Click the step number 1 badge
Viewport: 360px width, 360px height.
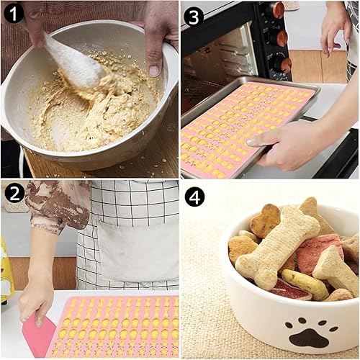pyautogui.click(x=14, y=13)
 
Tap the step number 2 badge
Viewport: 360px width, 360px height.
pyautogui.click(x=14, y=194)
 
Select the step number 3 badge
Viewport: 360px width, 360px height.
pyautogui.click(x=194, y=17)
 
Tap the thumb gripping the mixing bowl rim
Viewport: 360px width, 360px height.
pyautogui.click(x=153, y=65)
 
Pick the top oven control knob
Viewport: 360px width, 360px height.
pyautogui.click(x=279, y=11)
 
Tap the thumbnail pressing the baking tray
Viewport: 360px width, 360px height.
pyautogui.click(x=251, y=142)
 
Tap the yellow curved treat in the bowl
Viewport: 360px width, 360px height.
pyautogui.click(x=305, y=283)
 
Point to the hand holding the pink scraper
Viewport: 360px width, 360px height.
pyautogui.click(x=36, y=300)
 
